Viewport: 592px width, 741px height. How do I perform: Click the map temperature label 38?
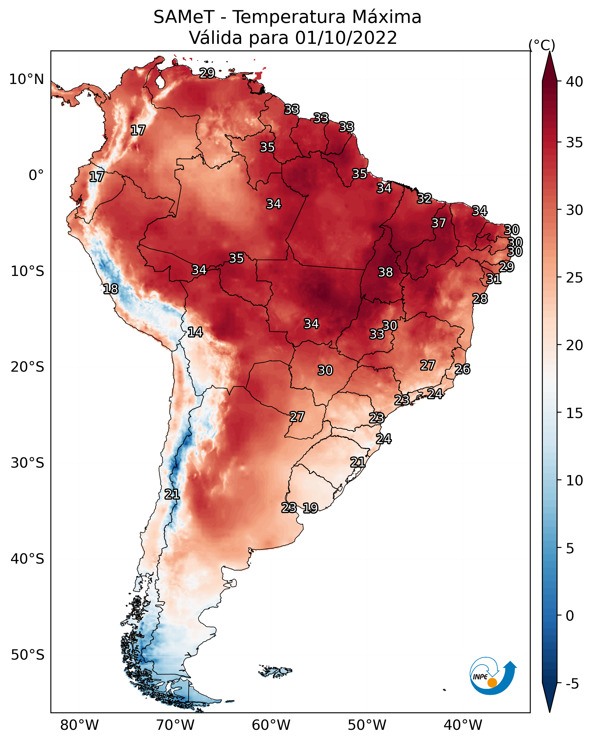pos(385,272)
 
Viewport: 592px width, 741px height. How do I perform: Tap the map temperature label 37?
pos(438,223)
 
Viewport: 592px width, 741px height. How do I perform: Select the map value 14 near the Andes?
pos(195,332)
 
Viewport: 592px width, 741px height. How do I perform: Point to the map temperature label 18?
pos(111,289)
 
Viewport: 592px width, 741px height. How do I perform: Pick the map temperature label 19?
pos(310,508)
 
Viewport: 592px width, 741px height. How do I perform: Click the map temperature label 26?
pos(462,369)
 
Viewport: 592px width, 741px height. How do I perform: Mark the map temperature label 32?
pos(424,198)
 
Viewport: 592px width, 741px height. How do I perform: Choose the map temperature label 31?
pos(494,279)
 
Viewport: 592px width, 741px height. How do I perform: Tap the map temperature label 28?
pos(480,299)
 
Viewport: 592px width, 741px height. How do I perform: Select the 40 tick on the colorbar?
pos(575,82)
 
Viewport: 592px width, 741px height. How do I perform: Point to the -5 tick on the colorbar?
pos(573,684)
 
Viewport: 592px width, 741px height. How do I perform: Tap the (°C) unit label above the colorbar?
pos(542,45)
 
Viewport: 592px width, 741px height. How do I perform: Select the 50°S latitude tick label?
pos(27,655)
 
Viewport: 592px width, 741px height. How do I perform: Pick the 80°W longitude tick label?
pos(79,725)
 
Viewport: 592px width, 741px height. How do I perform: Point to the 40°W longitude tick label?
pos(463,725)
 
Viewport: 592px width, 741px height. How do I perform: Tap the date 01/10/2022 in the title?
pos(346,38)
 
